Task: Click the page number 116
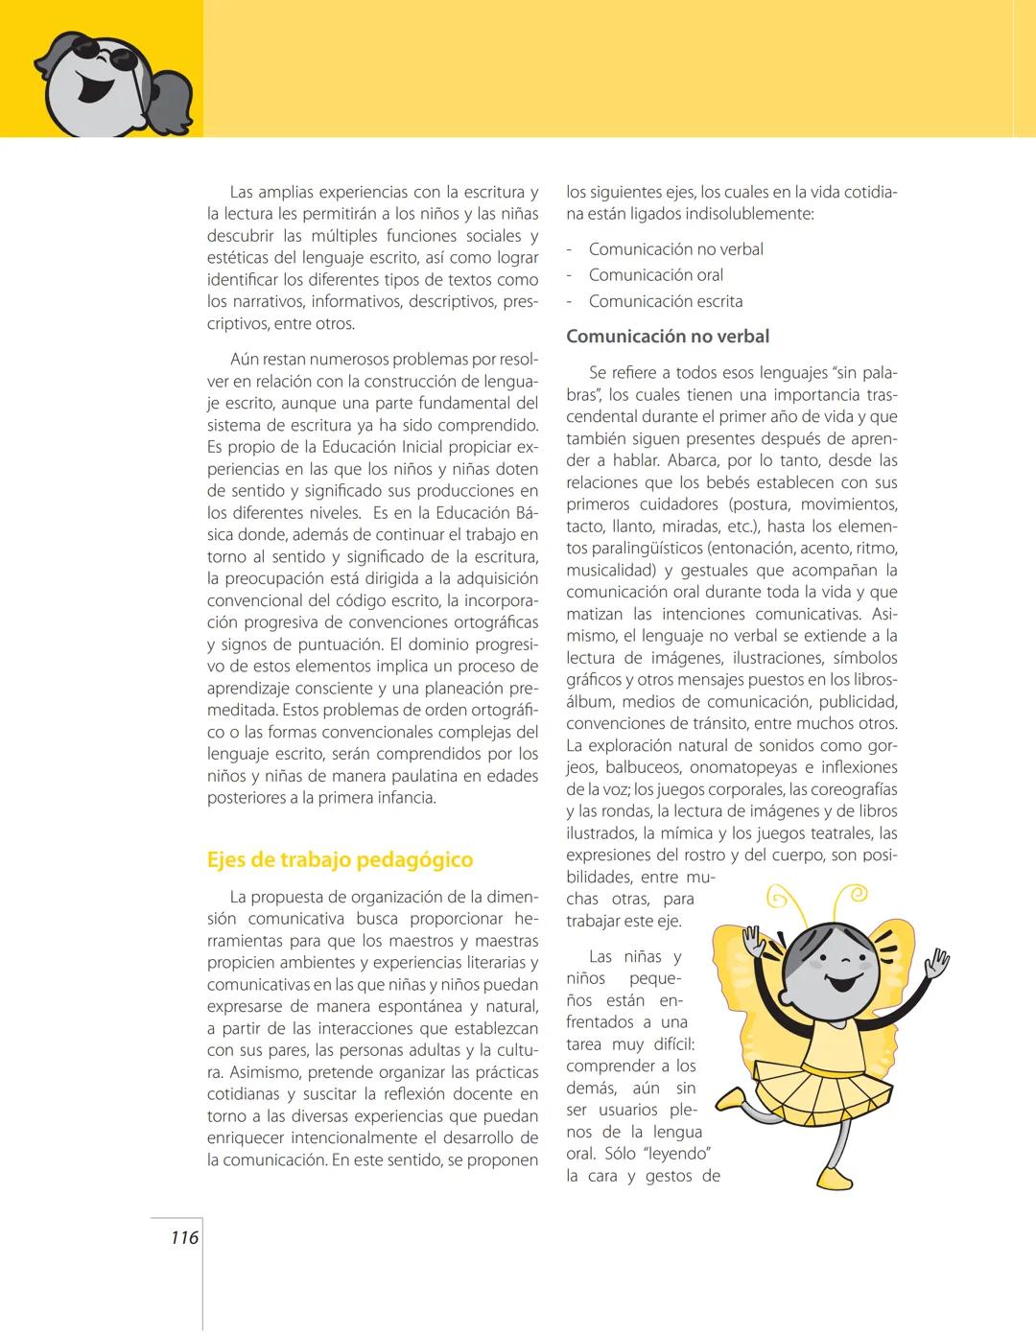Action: point(184,1237)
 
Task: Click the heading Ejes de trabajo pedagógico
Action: point(340,859)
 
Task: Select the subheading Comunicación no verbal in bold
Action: point(668,337)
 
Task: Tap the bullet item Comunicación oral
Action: point(656,275)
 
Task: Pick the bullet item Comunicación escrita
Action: point(666,301)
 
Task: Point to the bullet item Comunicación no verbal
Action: point(676,249)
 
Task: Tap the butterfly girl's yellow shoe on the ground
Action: point(834,1178)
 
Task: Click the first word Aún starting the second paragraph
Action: point(246,360)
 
